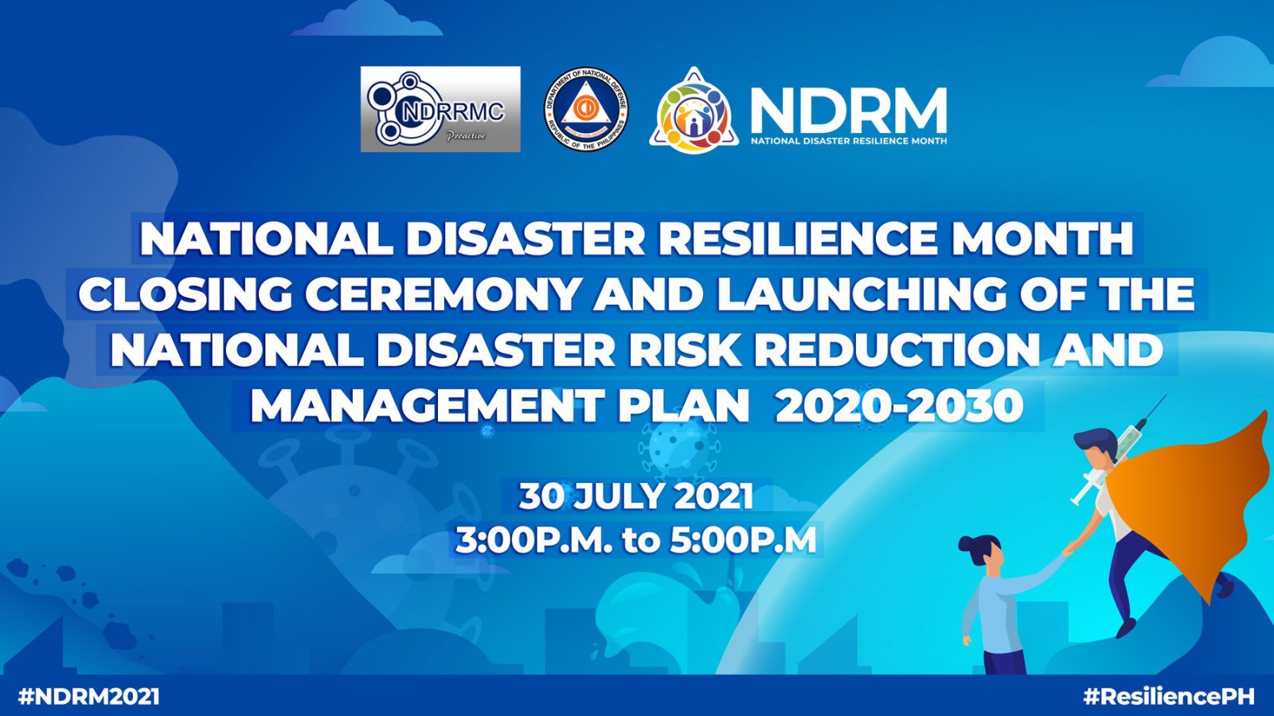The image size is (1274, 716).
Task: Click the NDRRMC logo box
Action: [x=440, y=109]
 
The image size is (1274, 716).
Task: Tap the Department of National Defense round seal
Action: [x=586, y=109]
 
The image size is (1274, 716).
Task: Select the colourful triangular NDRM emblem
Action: [x=693, y=111]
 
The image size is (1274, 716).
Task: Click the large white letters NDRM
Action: [x=848, y=111]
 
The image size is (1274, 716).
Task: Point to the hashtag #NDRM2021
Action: [x=89, y=697]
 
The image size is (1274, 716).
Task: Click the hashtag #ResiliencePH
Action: [x=1169, y=697]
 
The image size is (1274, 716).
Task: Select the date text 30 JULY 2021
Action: [x=636, y=496]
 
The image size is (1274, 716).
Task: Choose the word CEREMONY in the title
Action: [x=444, y=294]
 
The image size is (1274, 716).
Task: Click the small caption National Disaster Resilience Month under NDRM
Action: [x=849, y=141]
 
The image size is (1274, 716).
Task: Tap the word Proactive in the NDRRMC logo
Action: [x=466, y=136]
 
